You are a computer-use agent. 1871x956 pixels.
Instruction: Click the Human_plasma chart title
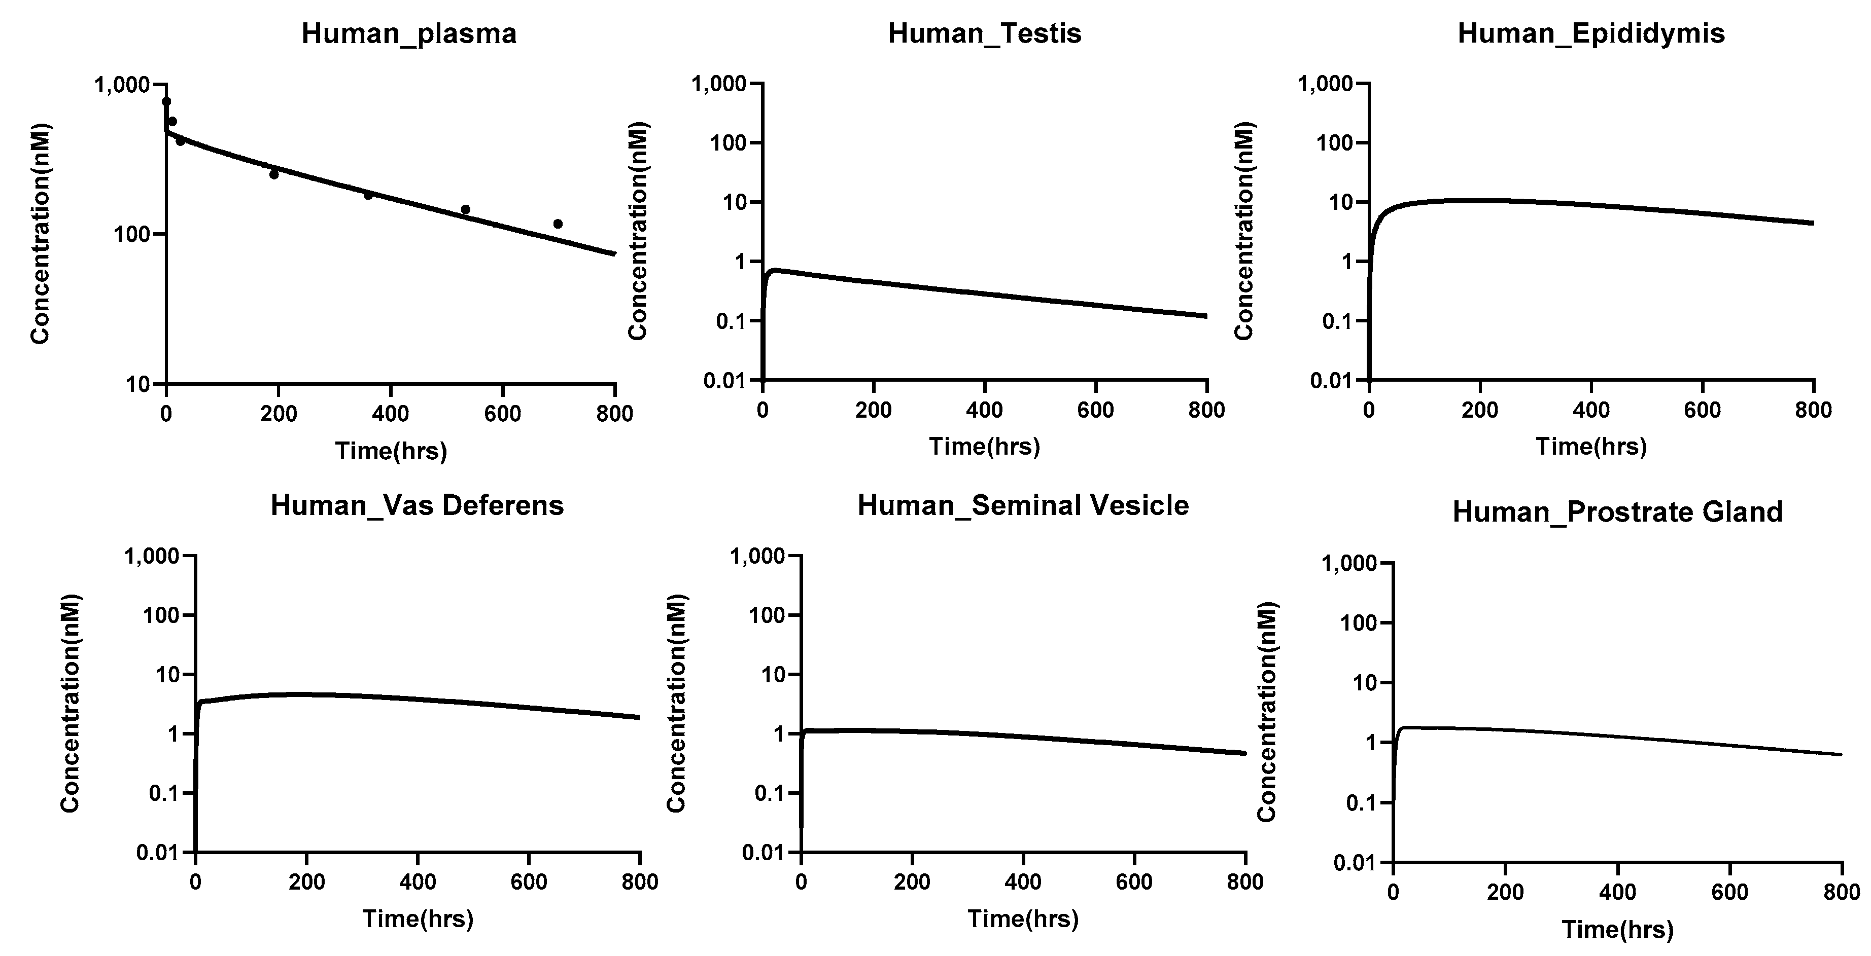tap(409, 33)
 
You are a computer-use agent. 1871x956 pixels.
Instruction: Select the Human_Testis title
tap(984, 33)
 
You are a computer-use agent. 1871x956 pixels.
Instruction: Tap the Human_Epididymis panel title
tap(1590, 33)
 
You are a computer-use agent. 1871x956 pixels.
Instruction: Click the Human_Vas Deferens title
tap(417, 505)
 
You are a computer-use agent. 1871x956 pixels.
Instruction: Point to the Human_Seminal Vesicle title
tap(1023, 505)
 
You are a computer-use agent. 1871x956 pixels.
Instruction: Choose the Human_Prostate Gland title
tap(1617, 512)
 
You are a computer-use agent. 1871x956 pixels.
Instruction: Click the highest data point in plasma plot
tap(166, 101)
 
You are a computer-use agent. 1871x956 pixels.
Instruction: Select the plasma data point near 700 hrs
tap(558, 224)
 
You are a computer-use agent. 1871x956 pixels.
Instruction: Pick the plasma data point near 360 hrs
tap(368, 195)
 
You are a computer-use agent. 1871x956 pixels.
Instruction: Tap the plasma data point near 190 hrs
tap(274, 174)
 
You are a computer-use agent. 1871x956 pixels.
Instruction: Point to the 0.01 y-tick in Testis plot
tap(726, 380)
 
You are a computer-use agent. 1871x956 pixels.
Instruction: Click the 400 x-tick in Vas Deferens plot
tap(418, 883)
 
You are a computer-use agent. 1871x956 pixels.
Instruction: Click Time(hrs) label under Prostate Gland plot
tap(1617, 930)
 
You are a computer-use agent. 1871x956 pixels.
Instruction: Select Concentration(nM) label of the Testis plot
tap(638, 231)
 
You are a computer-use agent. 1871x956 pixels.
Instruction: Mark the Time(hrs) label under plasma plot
tap(391, 452)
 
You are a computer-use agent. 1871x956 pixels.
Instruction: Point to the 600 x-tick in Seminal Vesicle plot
tap(1134, 883)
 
